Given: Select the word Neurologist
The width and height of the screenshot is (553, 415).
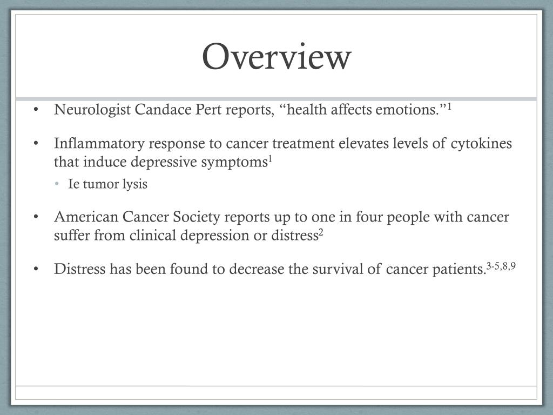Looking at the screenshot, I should (92, 110).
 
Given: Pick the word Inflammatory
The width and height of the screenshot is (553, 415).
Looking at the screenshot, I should (99, 144).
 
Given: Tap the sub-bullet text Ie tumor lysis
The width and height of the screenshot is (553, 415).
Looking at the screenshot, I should (107, 184).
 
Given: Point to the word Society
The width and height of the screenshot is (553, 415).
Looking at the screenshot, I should (197, 217).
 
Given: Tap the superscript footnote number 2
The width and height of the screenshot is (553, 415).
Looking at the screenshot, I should (321, 232).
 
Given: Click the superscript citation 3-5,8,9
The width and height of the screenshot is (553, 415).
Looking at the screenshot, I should (501, 265).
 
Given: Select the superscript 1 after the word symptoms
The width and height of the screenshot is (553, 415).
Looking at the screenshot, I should (271, 159).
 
